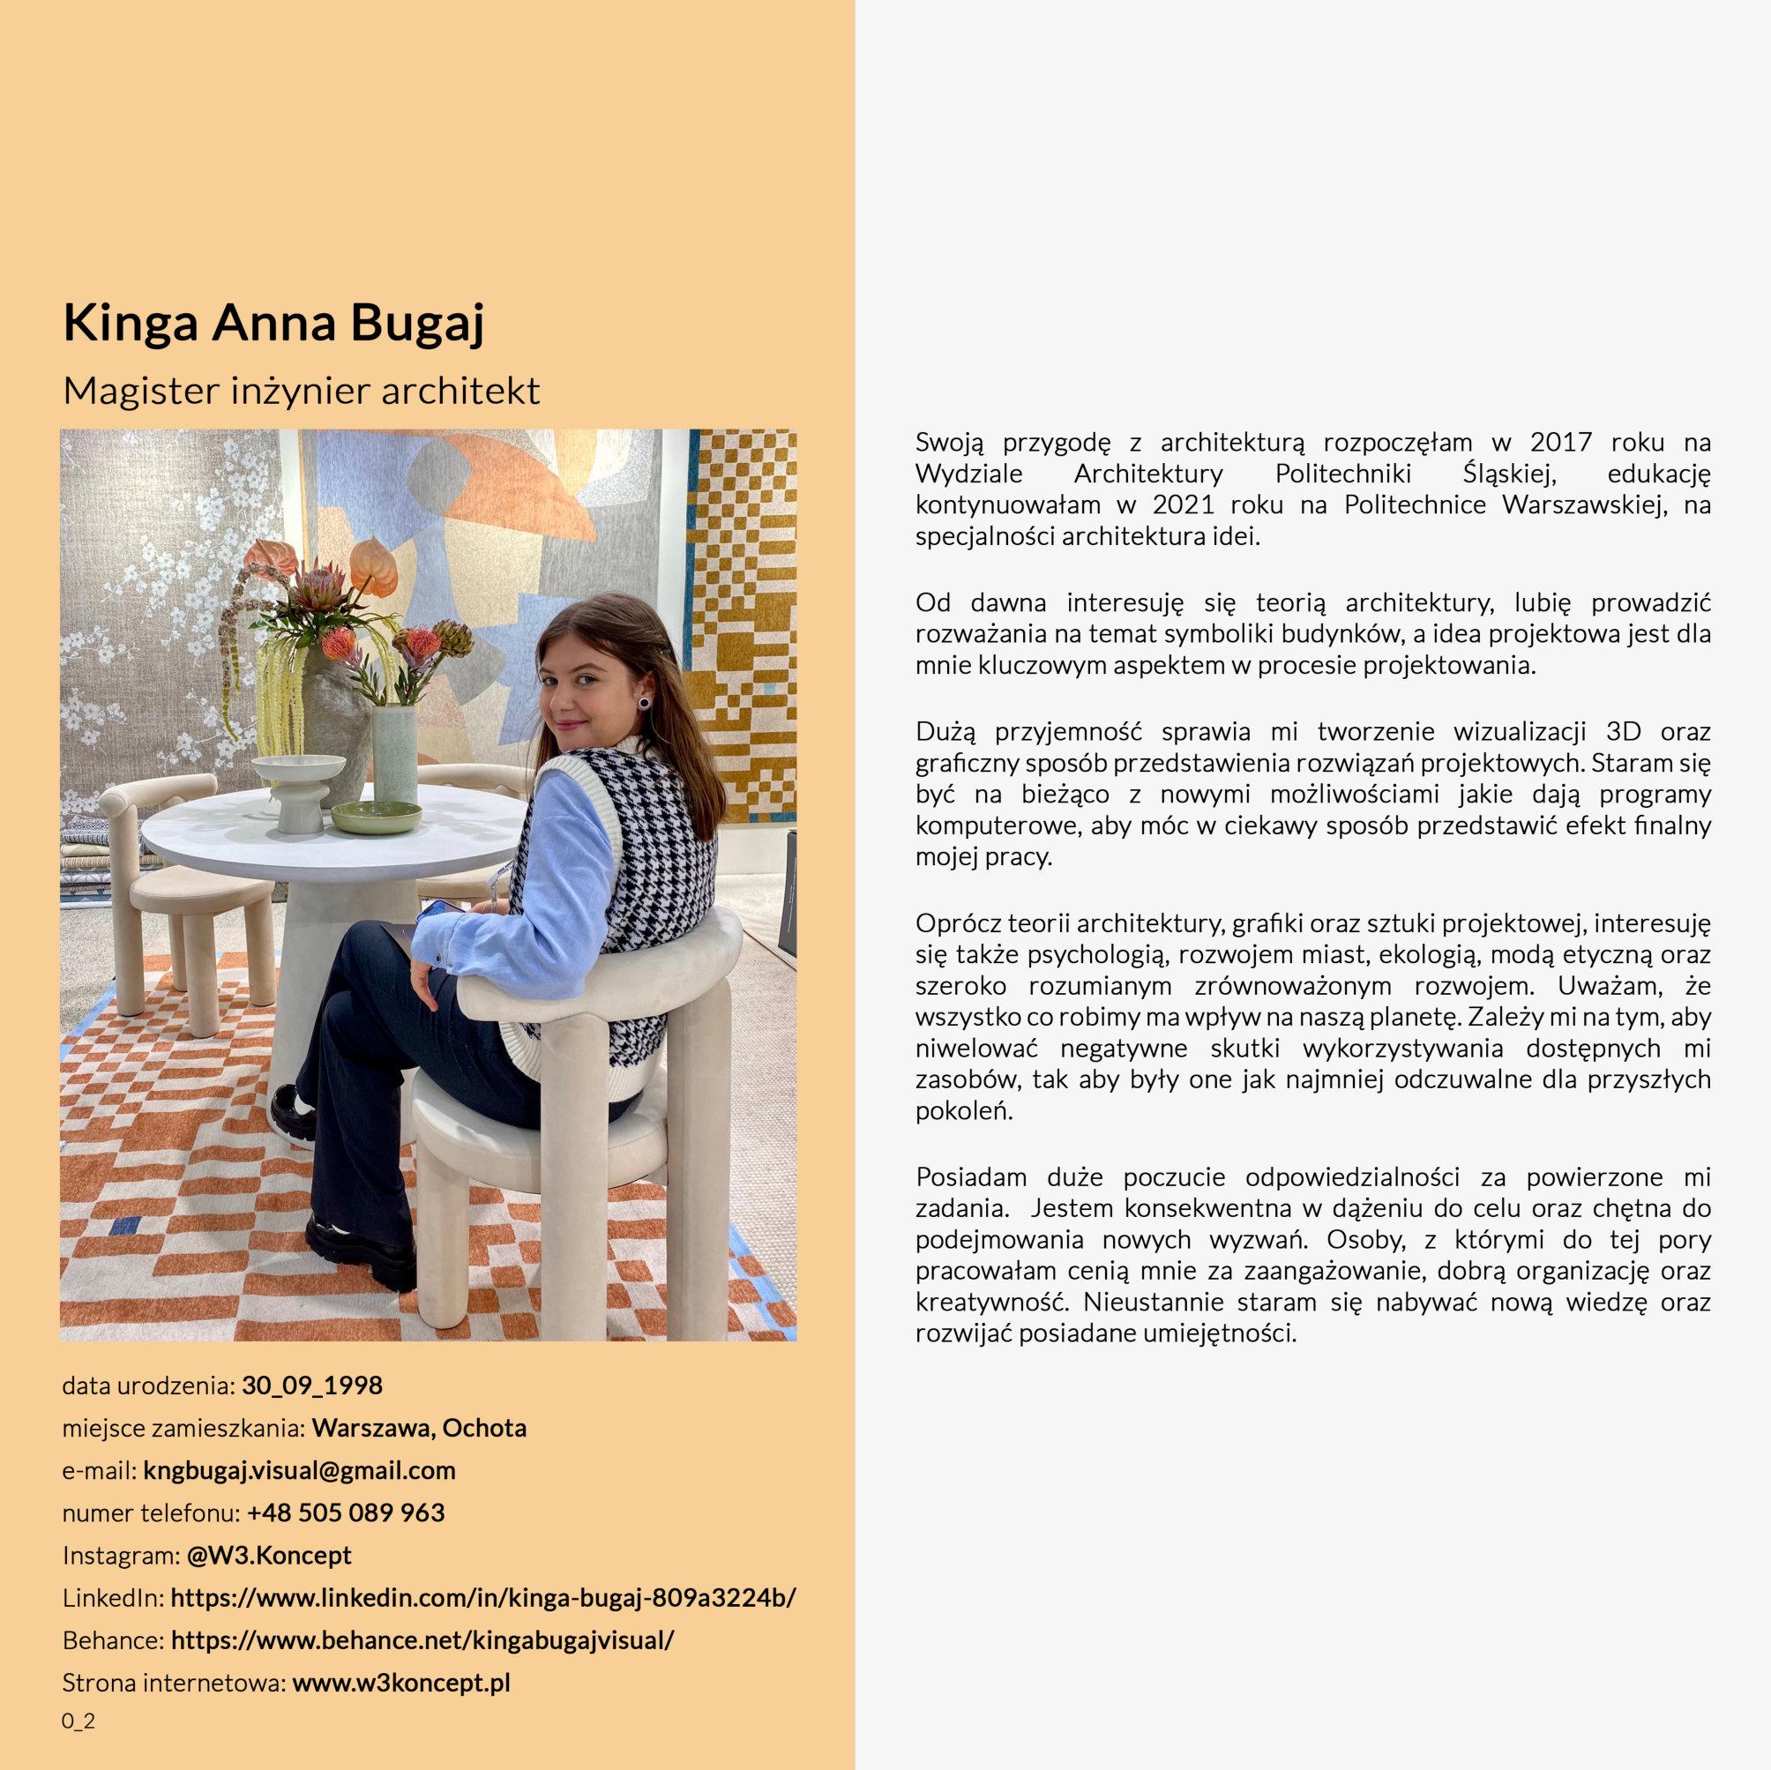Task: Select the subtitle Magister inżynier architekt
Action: pos(301,392)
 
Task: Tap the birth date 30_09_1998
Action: pos(311,1385)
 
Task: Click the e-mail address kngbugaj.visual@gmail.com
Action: pos(299,1470)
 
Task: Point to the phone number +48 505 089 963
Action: pos(346,1512)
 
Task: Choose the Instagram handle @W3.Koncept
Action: pos(270,1556)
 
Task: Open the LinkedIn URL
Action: pos(483,1598)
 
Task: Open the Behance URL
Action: pos(422,1639)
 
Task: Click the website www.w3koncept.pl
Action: pos(400,1683)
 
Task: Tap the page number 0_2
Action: pos(78,1721)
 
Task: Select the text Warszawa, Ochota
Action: pos(419,1428)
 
